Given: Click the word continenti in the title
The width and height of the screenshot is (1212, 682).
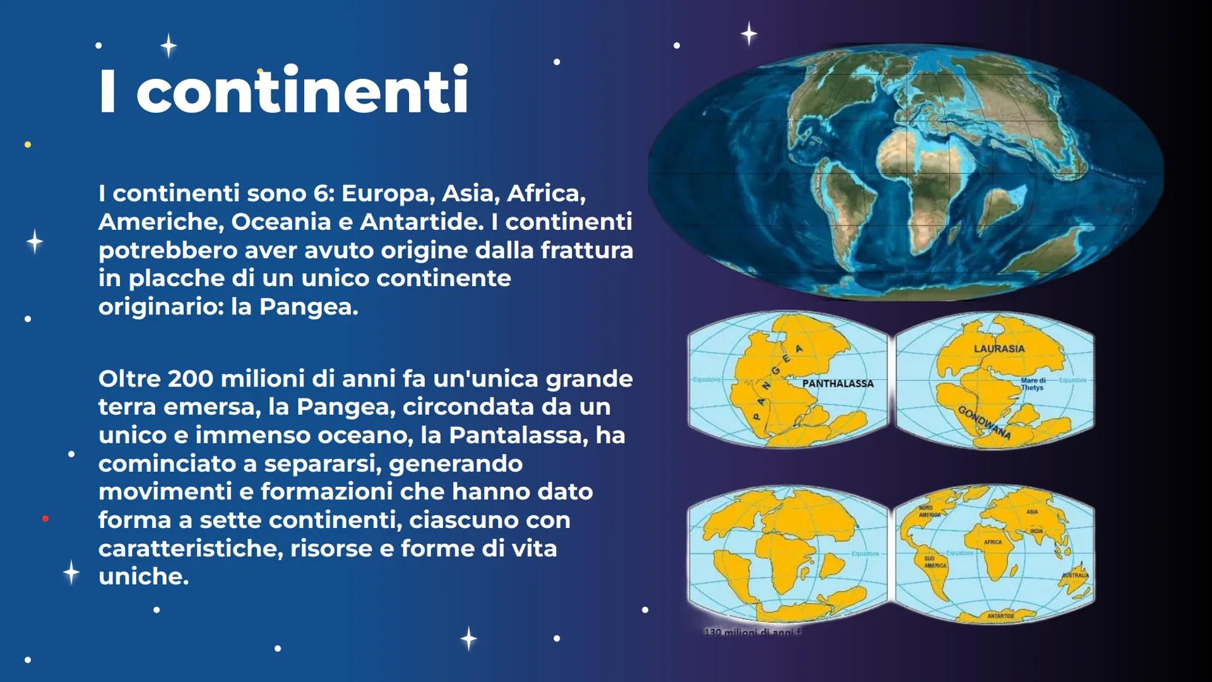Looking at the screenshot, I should [302, 92].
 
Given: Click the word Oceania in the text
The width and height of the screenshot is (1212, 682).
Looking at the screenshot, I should [281, 222].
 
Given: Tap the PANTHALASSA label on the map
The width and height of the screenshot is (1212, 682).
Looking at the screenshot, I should [838, 383].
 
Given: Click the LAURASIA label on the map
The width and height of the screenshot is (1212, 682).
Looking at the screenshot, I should [999, 349].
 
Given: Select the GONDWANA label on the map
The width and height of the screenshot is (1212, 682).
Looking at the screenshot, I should [984, 422].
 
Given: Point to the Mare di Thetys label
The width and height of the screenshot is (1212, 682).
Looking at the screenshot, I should [1033, 384].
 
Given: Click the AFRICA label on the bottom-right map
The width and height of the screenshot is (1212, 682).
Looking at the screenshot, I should [992, 542].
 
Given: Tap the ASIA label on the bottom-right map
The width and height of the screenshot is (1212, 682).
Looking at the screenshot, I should [1032, 512].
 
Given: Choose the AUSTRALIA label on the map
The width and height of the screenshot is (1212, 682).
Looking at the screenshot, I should [1075, 575].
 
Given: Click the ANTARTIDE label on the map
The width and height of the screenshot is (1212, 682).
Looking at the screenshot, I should [1001, 616].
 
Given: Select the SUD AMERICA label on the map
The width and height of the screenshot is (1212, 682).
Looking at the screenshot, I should [934, 562].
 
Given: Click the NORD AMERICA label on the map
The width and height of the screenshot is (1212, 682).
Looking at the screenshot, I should [929, 512].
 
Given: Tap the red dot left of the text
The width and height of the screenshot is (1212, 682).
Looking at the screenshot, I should [45, 518].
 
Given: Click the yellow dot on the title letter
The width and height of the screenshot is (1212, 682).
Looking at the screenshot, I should [260, 71].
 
